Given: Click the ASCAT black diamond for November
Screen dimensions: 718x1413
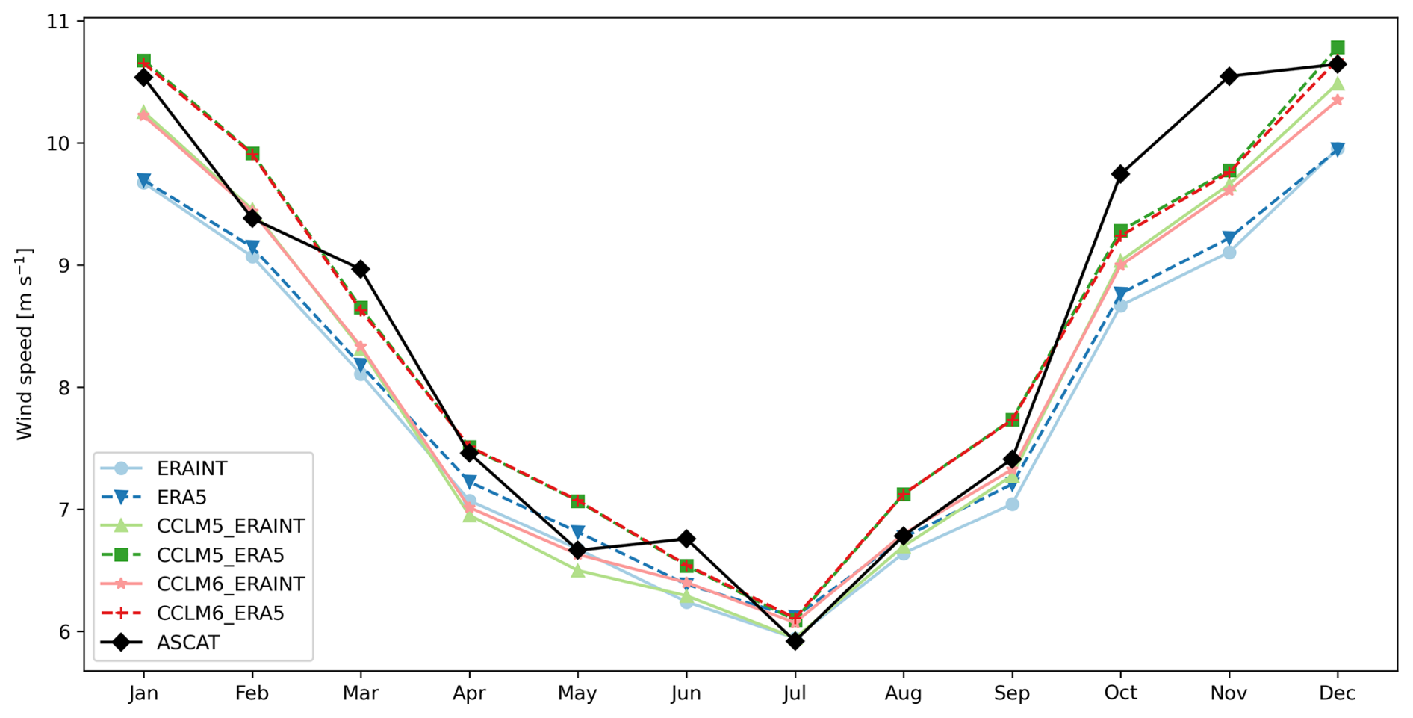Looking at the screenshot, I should point(1229,76).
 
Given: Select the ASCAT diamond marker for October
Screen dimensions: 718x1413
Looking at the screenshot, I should point(1120,174).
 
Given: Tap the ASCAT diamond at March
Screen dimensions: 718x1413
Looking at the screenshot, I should point(361,269).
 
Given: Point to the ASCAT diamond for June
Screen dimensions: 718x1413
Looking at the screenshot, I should point(686,539).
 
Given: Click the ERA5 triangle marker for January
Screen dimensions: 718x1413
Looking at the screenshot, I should point(143,180).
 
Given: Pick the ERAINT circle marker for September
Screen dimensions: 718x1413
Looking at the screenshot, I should point(1012,504).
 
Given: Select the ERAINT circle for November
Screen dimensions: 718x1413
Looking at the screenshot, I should point(1229,253).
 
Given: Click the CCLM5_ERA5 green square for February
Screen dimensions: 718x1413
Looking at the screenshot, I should point(252,153).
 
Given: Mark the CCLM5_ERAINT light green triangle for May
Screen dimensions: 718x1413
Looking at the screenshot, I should point(577,571).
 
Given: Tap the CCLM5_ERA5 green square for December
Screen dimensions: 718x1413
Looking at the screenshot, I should point(1337,48).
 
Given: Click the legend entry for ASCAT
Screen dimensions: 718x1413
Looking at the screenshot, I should point(187,643).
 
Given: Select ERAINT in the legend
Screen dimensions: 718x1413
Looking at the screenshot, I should point(191,468).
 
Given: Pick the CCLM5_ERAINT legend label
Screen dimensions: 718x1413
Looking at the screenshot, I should point(230,526).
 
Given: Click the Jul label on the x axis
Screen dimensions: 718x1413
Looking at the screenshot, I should point(795,693).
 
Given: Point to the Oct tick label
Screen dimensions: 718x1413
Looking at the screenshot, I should point(1120,693).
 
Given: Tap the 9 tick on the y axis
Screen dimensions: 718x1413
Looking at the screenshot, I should point(62,265).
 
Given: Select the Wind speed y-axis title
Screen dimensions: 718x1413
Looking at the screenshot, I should point(25,344).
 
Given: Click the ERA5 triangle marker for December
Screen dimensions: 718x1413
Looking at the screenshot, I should point(1337,149).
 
